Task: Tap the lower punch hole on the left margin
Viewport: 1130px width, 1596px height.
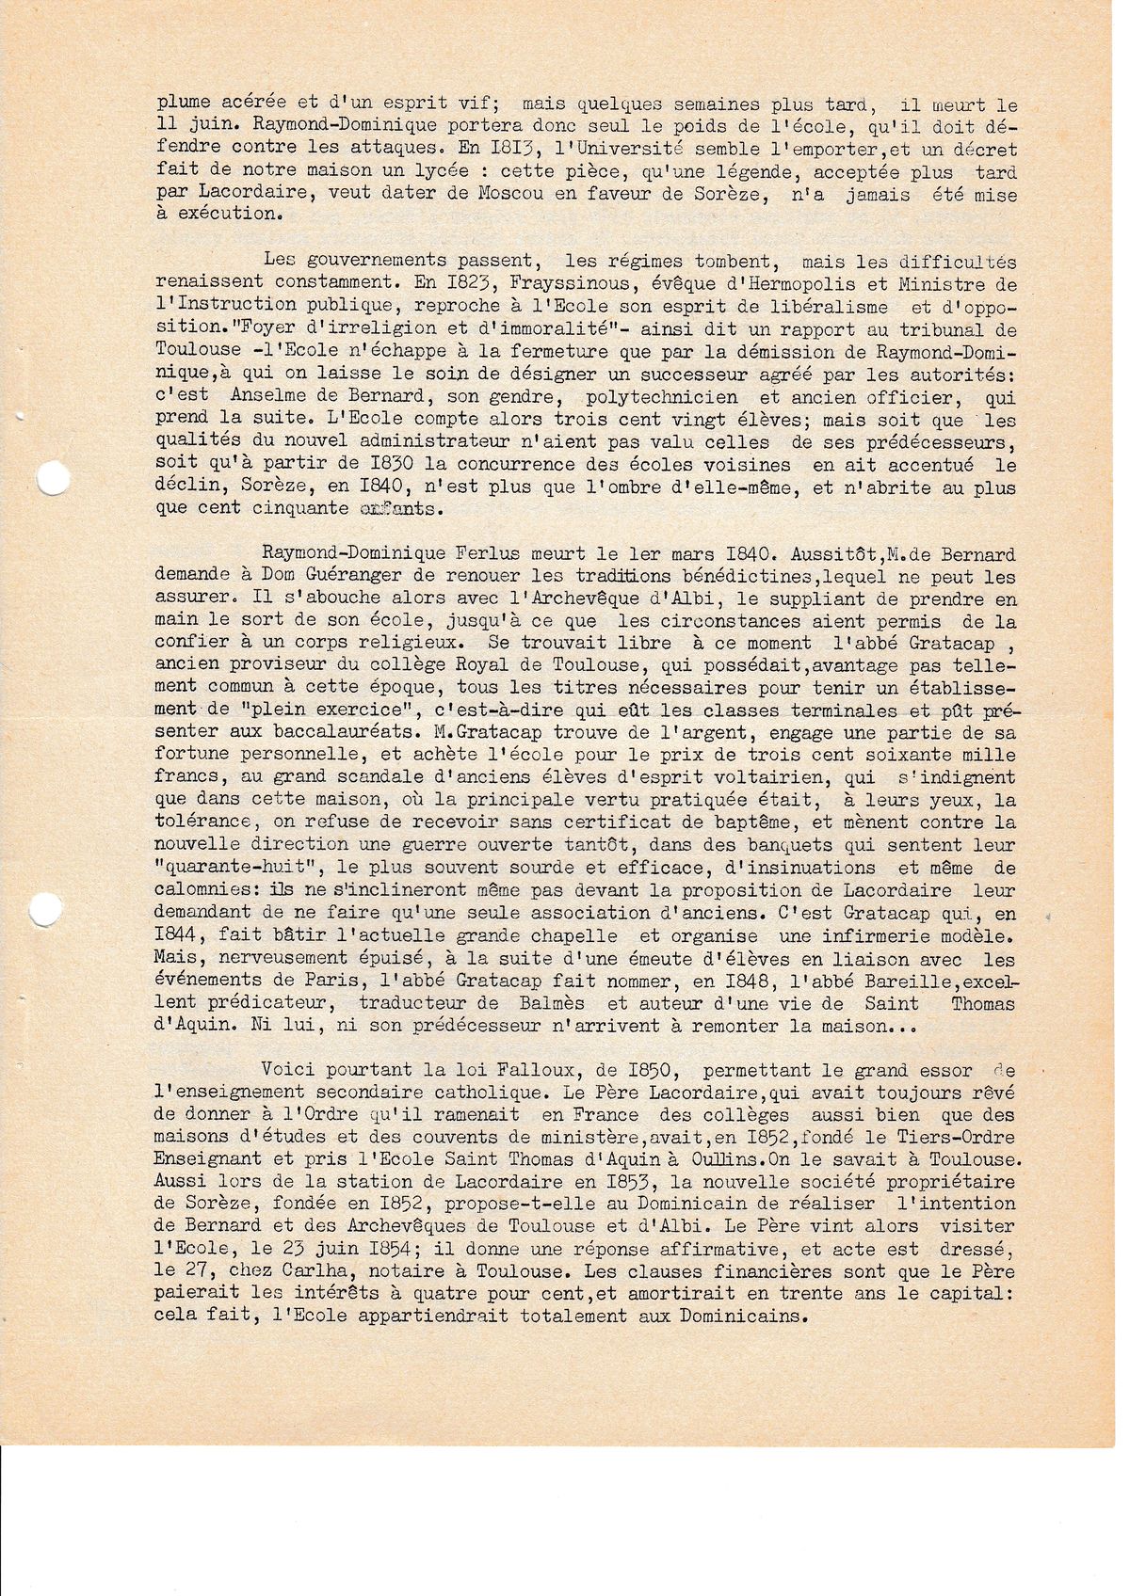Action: [x=43, y=908]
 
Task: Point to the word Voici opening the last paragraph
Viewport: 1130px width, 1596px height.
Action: [x=291, y=1070]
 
